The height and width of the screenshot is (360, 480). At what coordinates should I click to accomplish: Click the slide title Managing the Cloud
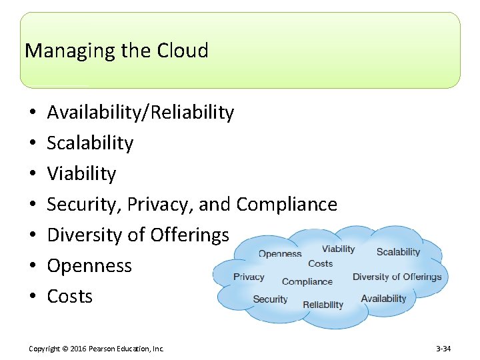pyautogui.click(x=116, y=51)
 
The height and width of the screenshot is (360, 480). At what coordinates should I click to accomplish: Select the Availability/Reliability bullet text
pyautogui.click(x=140, y=113)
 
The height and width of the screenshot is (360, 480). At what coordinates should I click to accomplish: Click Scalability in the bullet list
pyautogui.click(x=90, y=143)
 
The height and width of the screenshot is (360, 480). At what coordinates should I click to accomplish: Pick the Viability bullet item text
pyautogui.click(x=81, y=174)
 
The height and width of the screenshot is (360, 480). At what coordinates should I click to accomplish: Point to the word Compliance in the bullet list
pyautogui.click(x=287, y=205)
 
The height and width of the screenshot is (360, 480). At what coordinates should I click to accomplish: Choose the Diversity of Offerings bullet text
pyautogui.click(x=138, y=235)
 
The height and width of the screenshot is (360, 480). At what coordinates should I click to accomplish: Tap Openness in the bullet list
pyautogui.click(x=89, y=266)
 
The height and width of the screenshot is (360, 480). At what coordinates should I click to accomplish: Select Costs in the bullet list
pyautogui.click(x=70, y=297)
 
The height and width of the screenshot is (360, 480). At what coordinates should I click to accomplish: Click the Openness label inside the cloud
pyautogui.click(x=280, y=253)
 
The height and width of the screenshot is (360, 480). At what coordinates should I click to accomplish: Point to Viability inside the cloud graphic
pyautogui.click(x=338, y=249)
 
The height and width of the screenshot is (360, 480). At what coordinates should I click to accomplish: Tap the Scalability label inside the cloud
pyautogui.click(x=398, y=252)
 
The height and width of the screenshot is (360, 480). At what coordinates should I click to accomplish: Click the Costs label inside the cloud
pyautogui.click(x=320, y=263)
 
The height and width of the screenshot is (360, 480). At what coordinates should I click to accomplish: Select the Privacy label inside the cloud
pyautogui.click(x=249, y=277)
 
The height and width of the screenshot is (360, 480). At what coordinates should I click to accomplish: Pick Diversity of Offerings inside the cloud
pyautogui.click(x=397, y=277)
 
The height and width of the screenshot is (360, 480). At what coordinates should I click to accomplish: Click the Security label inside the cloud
pyautogui.click(x=270, y=299)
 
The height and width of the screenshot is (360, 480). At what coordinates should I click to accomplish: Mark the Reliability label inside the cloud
pyautogui.click(x=323, y=305)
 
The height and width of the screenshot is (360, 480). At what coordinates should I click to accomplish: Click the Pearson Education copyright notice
pyautogui.click(x=96, y=349)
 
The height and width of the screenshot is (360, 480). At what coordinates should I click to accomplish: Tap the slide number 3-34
pyautogui.click(x=443, y=349)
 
